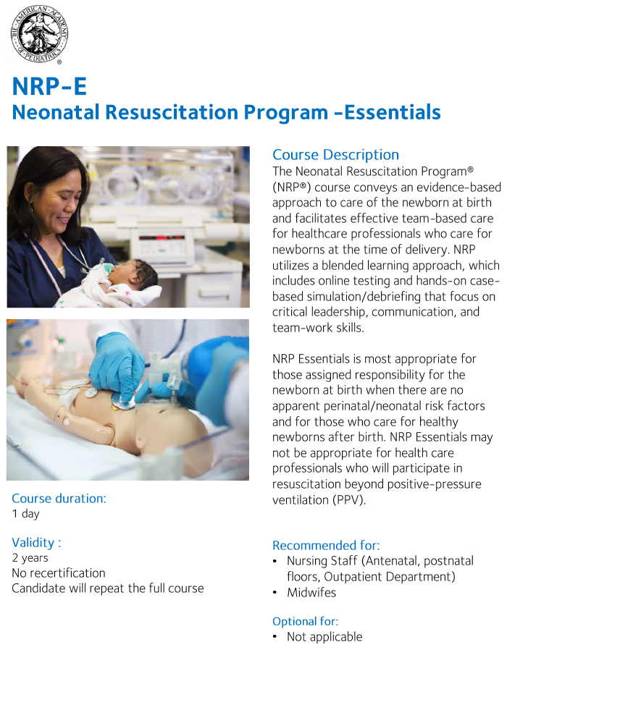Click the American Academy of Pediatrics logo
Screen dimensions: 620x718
[40, 35]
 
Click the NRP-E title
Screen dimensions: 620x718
[49, 86]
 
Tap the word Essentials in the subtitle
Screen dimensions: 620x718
[393, 113]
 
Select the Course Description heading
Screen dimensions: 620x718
[335, 155]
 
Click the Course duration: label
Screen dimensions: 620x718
[59, 498]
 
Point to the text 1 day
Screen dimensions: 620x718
[25, 514]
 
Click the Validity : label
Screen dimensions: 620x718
[36, 542]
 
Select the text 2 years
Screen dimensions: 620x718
[30, 558]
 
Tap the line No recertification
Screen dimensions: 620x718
[58, 573]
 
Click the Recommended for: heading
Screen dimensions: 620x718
[326, 546]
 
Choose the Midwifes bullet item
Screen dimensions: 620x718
[311, 593]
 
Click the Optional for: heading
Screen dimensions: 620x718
[305, 621]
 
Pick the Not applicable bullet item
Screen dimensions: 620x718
[324, 637]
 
